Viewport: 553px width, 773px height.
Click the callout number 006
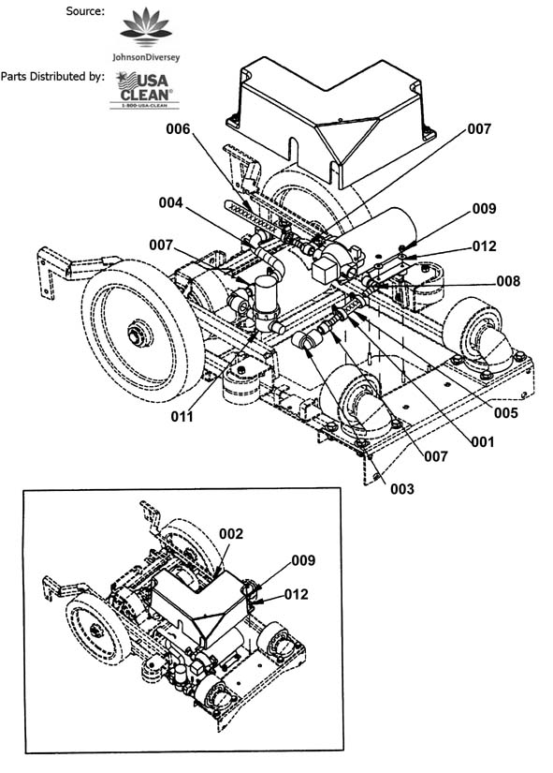(x=178, y=129)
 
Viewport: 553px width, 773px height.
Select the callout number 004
(x=170, y=202)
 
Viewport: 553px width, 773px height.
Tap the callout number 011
(x=182, y=417)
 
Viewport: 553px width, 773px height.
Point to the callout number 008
(x=508, y=281)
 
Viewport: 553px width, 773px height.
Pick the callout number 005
(x=505, y=412)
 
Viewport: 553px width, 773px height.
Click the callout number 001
(x=482, y=441)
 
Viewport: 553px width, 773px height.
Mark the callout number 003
(x=401, y=489)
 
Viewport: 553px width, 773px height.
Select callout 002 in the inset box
(x=231, y=534)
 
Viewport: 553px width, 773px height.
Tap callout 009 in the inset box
(x=303, y=560)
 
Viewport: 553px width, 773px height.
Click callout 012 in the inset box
(x=296, y=595)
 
